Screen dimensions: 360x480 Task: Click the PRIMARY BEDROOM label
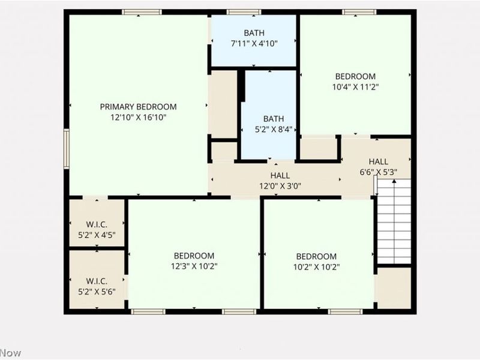coord(138,107)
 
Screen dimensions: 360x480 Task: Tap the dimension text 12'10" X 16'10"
coord(138,118)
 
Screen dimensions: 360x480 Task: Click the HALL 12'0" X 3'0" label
coord(280,181)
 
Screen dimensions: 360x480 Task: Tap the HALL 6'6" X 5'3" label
coord(378,167)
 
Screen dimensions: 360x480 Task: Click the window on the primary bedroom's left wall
coord(67,148)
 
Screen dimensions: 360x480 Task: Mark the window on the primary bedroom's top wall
coord(142,12)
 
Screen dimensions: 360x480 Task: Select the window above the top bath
coord(244,12)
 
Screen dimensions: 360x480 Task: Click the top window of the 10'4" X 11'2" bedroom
coord(359,12)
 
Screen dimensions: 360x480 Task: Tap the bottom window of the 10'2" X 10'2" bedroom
coord(345,311)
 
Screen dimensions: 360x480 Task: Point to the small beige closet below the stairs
coord(394,287)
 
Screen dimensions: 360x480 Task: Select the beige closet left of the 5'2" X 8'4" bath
coord(223,103)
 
